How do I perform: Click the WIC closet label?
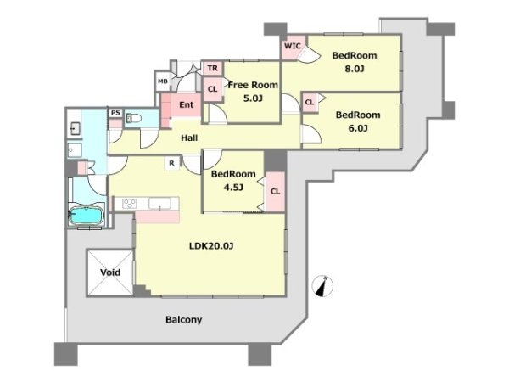coord(293,46)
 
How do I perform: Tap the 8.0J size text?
coord(354,69)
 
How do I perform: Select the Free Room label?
coord(253,85)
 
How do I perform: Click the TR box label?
coord(213,68)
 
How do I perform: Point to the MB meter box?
coord(163,81)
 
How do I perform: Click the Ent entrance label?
coord(187,104)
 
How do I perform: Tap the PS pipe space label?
coord(115,113)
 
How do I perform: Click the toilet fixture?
coord(133,118)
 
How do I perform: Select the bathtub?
coord(87,216)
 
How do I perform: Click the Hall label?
coord(189,138)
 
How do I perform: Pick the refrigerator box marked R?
coord(171,163)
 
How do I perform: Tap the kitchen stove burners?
coord(130,204)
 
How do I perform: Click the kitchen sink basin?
coord(159,204)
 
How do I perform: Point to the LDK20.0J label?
coord(211,246)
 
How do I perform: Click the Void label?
coord(110,272)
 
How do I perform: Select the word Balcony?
coord(184,320)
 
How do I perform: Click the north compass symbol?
coord(322,286)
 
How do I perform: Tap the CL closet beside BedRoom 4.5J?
coord(275,192)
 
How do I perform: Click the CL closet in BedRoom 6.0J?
coord(310,103)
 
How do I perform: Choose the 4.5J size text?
coord(233,188)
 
